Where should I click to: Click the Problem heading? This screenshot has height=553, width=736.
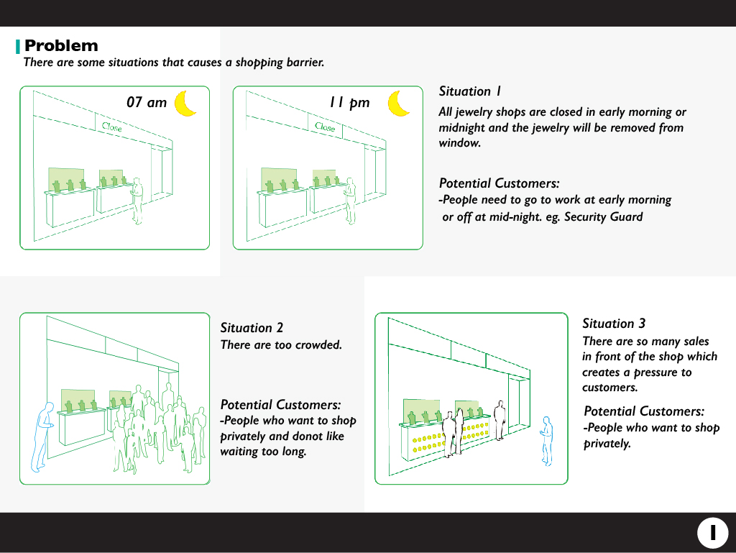tap(61, 45)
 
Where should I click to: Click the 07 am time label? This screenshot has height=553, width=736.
tap(147, 102)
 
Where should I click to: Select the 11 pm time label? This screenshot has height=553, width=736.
tap(349, 103)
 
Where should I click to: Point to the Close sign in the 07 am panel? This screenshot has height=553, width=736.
tap(111, 127)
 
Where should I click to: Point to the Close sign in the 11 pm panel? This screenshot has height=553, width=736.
tap(325, 127)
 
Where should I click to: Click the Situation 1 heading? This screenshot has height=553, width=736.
tap(470, 91)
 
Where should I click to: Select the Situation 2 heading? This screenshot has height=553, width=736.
tap(252, 328)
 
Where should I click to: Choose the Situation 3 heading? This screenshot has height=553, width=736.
tap(614, 324)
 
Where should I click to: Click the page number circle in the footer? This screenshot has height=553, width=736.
tap(712, 533)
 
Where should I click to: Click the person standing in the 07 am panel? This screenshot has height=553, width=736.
tap(137, 201)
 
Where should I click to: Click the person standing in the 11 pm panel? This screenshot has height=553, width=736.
tap(350, 201)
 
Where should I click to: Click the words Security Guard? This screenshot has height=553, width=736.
tap(603, 217)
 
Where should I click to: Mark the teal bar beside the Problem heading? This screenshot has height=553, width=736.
tap(18, 47)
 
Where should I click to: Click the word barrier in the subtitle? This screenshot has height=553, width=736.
tap(305, 63)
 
